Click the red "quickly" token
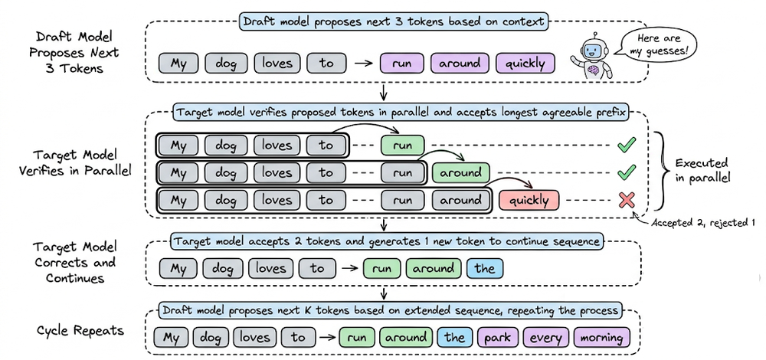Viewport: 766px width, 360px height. pyautogui.click(x=529, y=201)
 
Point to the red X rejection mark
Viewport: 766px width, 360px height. pyautogui.click(x=627, y=200)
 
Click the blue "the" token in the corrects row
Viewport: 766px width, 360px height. pyautogui.click(x=484, y=269)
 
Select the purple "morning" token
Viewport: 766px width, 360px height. pyautogui.click(x=600, y=337)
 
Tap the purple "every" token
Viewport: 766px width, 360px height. pyautogui.click(x=546, y=337)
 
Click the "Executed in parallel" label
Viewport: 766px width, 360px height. pyautogui.click(x=701, y=170)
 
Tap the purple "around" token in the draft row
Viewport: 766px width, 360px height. pyautogui.click(x=460, y=64)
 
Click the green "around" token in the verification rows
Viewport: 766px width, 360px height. pyautogui.click(x=460, y=172)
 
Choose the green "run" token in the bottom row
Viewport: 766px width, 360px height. pyautogui.click(x=354, y=337)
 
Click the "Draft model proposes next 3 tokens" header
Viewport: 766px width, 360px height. pyautogui.click(x=394, y=21)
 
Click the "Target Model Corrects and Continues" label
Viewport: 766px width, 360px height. pyautogui.click(x=75, y=263)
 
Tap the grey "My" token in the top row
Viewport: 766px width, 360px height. pyautogui.click(x=178, y=64)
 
